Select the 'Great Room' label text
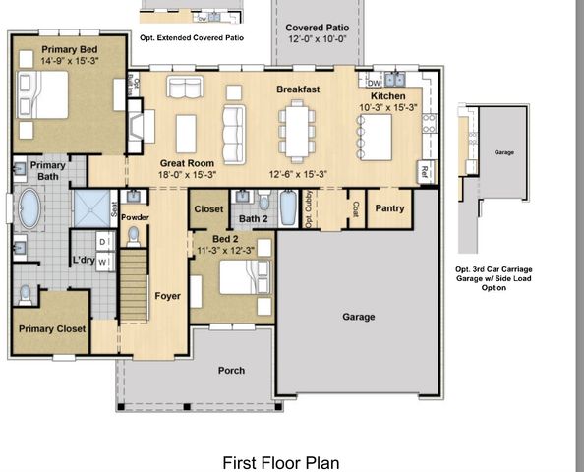pos(187,162)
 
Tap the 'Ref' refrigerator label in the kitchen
pos(425,170)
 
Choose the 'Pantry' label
pos(389,208)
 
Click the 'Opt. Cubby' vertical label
pos(310,208)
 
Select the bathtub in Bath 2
pos(287,207)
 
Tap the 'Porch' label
pos(232,370)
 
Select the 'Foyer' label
pos(168,295)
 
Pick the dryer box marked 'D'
pos(102,242)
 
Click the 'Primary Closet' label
pos(51,328)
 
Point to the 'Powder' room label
pos(135,216)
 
